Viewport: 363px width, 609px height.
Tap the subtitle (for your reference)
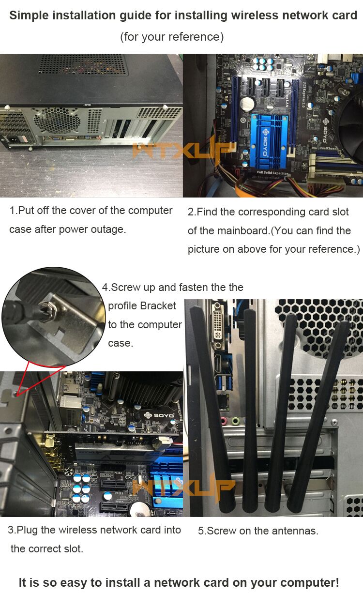(x=172, y=36)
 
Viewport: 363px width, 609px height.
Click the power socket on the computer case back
(x=14, y=139)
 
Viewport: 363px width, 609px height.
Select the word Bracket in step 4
(x=160, y=306)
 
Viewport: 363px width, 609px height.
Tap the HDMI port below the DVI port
(x=219, y=364)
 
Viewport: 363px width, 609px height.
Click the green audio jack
(x=236, y=422)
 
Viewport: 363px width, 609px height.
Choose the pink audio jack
(x=224, y=421)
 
